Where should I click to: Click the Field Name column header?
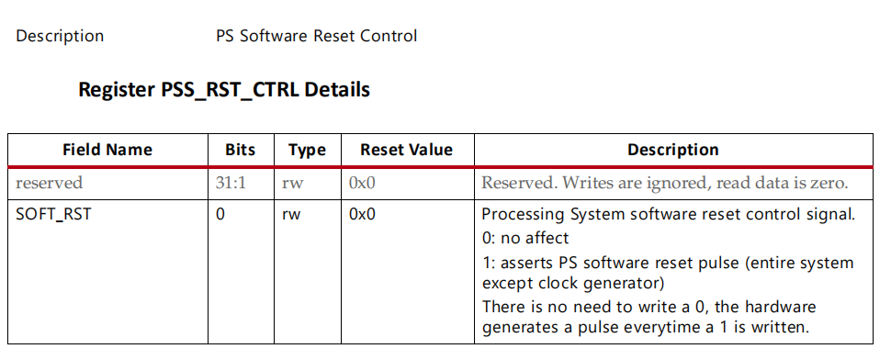tap(107, 150)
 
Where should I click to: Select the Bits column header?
tap(240, 150)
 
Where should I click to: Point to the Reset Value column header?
tap(406, 150)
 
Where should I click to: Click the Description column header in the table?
tap(672, 150)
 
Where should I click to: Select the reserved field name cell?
tap(49, 183)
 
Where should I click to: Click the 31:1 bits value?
tap(231, 183)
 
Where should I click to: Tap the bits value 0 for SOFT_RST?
tap(220, 216)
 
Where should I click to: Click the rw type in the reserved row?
tap(292, 183)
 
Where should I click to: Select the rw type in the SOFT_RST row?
tap(292, 216)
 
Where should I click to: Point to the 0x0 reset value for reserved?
tap(362, 183)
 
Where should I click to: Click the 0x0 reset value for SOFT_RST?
tap(362, 216)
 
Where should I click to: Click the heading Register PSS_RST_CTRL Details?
tap(224, 90)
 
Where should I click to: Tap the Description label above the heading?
tap(60, 37)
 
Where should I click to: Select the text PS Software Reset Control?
tap(316, 37)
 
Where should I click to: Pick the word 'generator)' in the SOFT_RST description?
tap(621, 283)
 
